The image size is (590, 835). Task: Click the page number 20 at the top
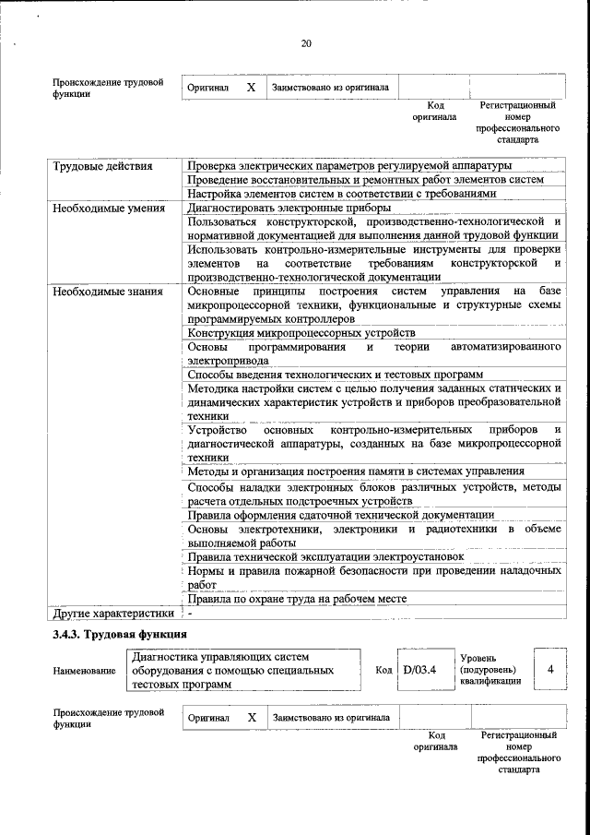(307, 43)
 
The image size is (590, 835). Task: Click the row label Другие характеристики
(112, 613)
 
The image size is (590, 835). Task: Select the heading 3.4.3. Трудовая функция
(120, 635)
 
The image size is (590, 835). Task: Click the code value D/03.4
(419, 670)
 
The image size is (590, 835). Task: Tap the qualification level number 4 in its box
(549, 669)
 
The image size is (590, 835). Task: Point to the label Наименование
(85, 672)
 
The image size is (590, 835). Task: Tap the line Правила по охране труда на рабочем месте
(296, 599)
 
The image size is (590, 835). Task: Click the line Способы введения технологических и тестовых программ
(335, 375)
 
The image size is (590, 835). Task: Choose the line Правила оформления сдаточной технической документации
(341, 515)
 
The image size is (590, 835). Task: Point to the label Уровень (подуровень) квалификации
(489, 669)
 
